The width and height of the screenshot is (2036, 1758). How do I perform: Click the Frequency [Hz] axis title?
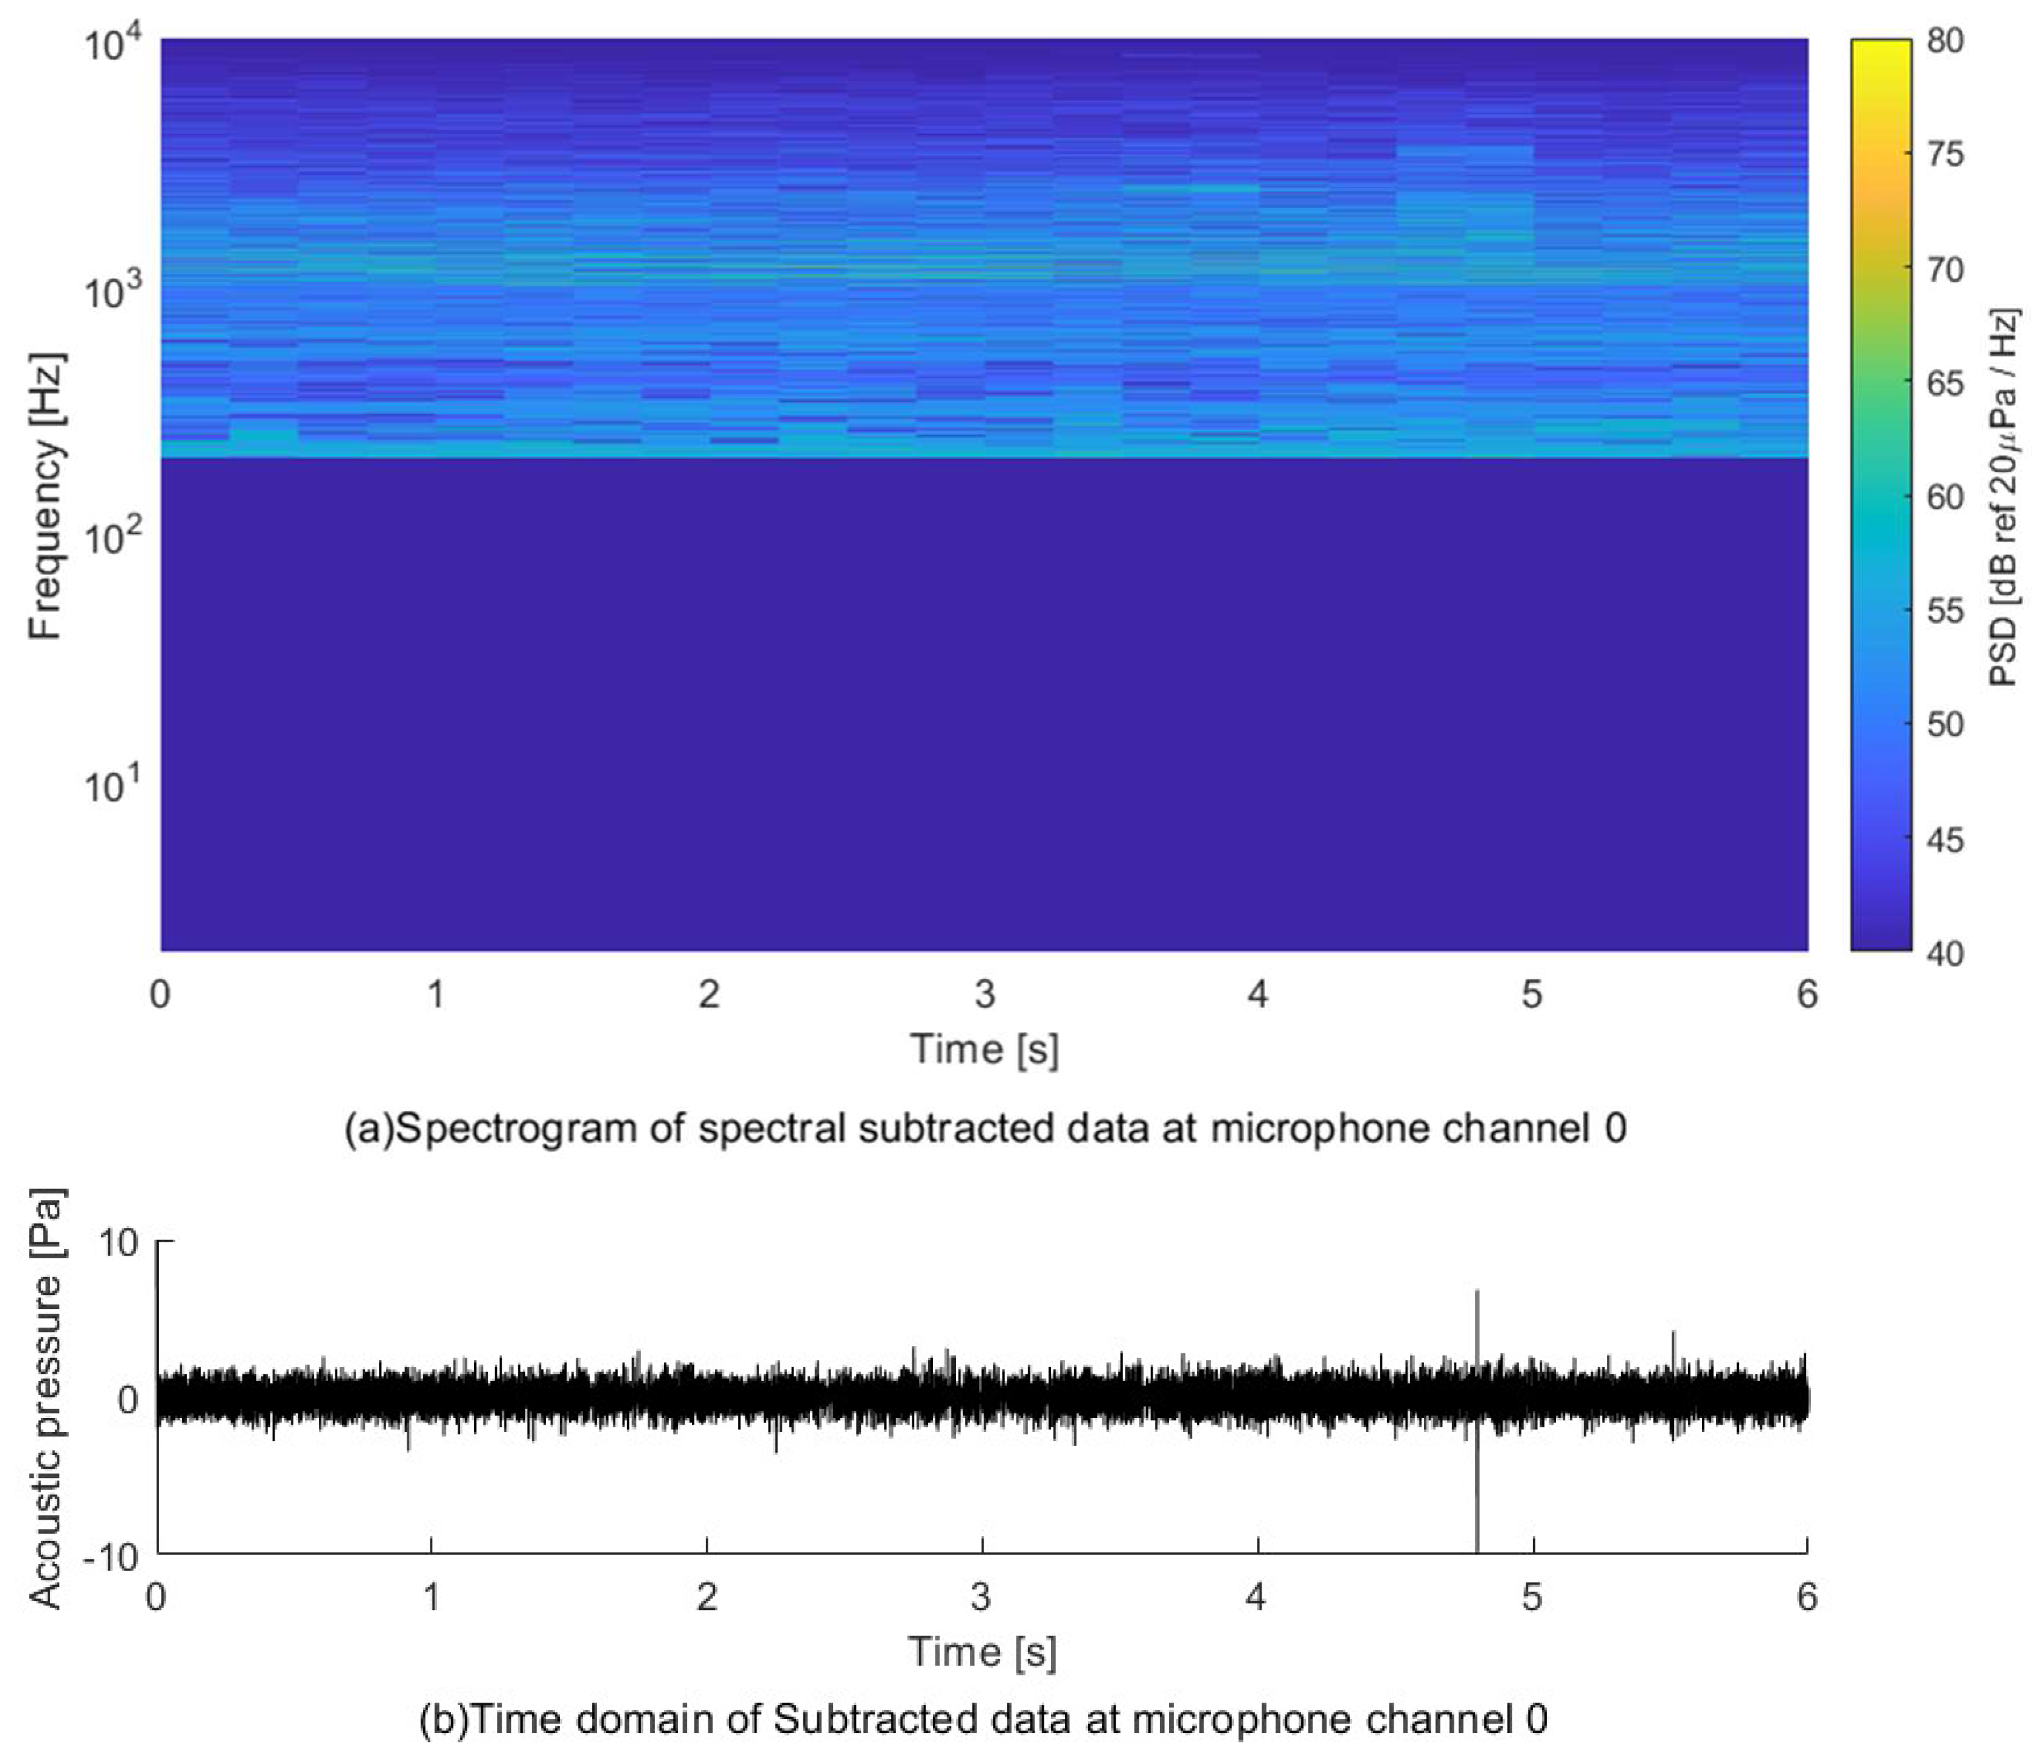point(45,496)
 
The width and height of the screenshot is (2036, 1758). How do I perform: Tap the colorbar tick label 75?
point(1945,154)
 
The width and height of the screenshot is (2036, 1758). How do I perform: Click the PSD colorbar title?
point(2002,496)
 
